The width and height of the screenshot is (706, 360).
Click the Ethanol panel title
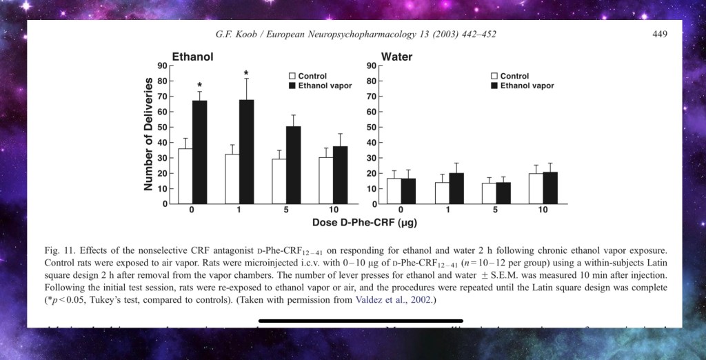[192, 57]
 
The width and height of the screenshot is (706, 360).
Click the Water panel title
[396, 57]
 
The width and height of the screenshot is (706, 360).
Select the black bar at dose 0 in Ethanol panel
[200, 152]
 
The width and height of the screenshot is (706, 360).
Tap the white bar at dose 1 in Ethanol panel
[232, 179]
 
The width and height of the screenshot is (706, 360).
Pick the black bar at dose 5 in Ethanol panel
[294, 165]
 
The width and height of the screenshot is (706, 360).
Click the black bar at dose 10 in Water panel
[550, 188]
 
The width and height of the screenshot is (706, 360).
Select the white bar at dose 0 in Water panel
[394, 191]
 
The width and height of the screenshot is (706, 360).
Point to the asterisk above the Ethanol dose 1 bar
[246, 73]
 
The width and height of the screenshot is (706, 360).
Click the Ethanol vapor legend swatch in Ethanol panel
[292, 86]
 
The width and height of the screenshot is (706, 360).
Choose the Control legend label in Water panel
[514, 76]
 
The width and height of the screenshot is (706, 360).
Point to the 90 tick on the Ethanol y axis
[163, 66]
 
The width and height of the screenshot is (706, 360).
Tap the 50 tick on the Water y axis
[370, 127]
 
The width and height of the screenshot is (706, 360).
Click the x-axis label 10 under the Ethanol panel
[333, 210]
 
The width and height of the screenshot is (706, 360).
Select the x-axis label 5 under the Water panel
[496, 210]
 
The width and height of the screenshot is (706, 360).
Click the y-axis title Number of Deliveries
[148, 134]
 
